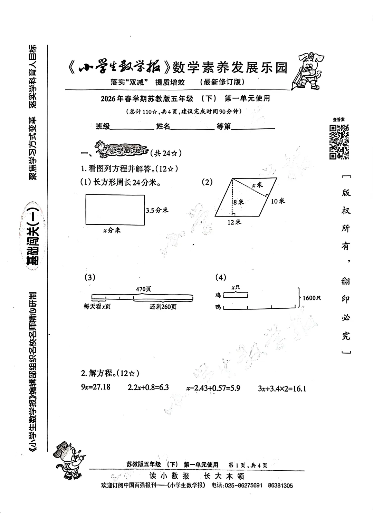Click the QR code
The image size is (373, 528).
(x=339, y=142)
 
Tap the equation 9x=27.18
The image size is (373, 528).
(x=96, y=387)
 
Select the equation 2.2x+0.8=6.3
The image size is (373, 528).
(x=148, y=387)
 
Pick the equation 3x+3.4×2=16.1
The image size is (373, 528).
(x=282, y=388)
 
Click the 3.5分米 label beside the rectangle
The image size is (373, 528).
(x=157, y=210)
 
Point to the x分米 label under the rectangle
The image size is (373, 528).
(x=112, y=230)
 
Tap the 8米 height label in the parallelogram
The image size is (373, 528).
(x=238, y=202)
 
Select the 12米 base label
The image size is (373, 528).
(x=234, y=222)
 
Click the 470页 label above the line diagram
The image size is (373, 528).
(x=143, y=289)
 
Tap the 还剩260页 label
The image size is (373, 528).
(x=163, y=307)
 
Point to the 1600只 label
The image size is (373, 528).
(x=312, y=298)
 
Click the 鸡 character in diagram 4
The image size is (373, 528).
(x=218, y=295)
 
